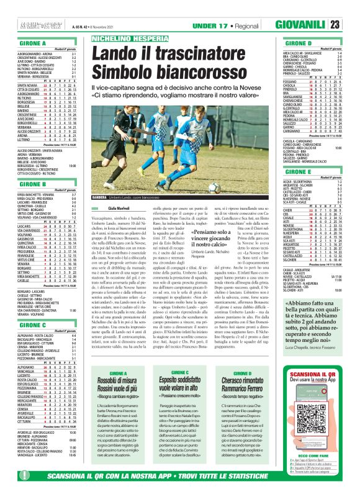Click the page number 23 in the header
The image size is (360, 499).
click(351, 25)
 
